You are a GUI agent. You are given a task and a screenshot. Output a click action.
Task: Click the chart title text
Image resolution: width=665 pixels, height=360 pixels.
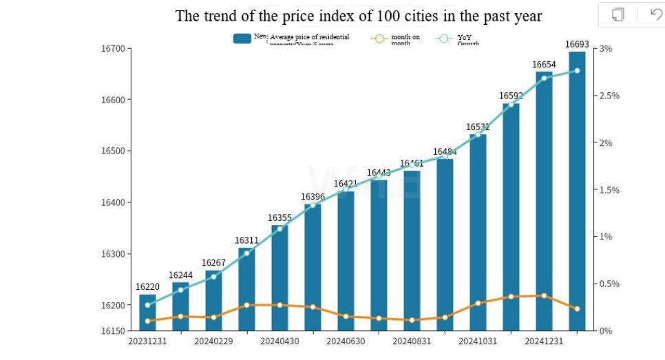click(x=358, y=16)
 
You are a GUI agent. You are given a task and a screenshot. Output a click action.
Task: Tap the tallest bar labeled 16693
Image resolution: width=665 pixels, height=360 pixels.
click(x=577, y=193)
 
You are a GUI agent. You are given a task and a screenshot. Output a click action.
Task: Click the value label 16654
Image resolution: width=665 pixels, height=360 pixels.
click(x=545, y=65)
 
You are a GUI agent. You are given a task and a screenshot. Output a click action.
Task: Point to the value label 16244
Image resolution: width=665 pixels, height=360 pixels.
click(x=180, y=275)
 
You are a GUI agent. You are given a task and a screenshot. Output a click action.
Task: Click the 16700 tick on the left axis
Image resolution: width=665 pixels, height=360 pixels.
click(x=112, y=48)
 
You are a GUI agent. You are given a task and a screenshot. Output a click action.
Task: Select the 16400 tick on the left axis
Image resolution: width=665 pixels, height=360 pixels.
click(x=112, y=202)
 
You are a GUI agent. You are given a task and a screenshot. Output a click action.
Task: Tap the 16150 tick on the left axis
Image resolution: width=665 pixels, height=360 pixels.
click(x=112, y=331)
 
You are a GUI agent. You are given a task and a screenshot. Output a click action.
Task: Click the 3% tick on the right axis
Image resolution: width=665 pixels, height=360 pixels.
click(x=606, y=48)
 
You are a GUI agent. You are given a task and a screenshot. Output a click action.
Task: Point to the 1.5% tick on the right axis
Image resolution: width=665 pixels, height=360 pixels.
click(x=609, y=190)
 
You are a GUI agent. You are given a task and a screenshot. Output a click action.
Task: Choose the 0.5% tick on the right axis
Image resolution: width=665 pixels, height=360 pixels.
click(x=609, y=284)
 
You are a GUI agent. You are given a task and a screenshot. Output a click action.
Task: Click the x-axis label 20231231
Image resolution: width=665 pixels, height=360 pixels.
click(x=147, y=341)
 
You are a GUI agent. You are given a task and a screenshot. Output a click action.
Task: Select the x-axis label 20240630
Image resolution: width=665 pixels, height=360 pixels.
click(x=346, y=341)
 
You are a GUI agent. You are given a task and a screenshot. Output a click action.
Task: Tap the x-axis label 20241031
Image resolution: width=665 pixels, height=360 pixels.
click(x=478, y=341)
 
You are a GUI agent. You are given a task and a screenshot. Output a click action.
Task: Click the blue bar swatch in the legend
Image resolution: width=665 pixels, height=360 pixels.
click(x=242, y=39)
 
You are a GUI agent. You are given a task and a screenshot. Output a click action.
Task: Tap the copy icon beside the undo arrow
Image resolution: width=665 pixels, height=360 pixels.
click(x=617, y=14)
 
